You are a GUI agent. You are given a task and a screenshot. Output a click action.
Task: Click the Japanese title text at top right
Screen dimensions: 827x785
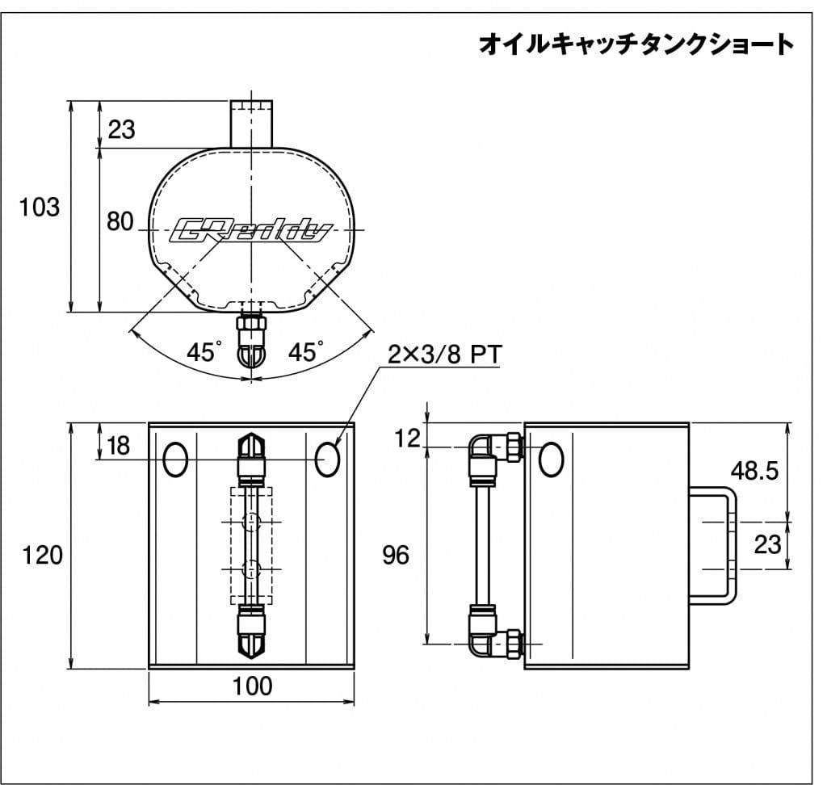coord(636,44)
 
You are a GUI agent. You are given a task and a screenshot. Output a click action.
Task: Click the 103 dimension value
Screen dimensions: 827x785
coord(40,208)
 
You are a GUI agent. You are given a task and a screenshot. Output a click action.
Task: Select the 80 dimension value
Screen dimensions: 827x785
coord(120,221)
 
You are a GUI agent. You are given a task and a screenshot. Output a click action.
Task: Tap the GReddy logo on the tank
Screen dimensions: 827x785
coord(251,231)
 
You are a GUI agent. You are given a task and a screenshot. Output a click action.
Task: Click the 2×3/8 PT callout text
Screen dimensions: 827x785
coord(445,355)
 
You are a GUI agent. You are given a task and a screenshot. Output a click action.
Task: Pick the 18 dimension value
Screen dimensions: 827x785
coord(118,446)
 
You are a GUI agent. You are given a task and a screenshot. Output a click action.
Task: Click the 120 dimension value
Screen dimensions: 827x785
coord(42,556)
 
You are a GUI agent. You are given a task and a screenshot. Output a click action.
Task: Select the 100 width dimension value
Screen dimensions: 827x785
coord(253,686)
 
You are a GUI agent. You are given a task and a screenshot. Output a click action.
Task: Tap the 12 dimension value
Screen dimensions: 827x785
coord(407,439)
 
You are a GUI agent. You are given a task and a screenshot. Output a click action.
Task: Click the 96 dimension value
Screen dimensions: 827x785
coord(396,555)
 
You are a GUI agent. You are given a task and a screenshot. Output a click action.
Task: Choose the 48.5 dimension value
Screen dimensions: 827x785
coord(754,471)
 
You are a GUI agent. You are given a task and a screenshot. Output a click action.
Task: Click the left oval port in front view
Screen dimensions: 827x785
coord(175,460)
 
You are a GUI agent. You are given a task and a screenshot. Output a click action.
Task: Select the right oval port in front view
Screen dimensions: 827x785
coord(328,460)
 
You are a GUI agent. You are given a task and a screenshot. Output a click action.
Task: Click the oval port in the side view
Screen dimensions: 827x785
coord(551,460)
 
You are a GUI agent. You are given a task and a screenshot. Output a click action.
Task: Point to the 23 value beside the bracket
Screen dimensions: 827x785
coord(767,544)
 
